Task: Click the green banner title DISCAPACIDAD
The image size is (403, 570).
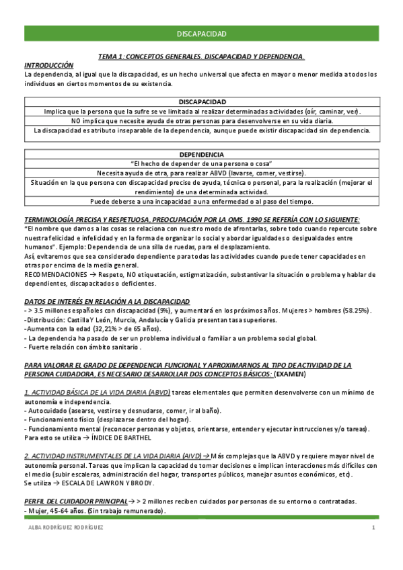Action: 201,33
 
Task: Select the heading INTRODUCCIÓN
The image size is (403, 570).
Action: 48,65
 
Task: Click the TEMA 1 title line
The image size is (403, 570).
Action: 201,57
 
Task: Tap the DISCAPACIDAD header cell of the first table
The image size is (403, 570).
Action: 202,101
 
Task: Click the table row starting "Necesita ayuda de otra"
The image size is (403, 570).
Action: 202,172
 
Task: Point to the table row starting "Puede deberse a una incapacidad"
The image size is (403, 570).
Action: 202,201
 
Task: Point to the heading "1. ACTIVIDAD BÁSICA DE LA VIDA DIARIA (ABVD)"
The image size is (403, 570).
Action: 97,392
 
